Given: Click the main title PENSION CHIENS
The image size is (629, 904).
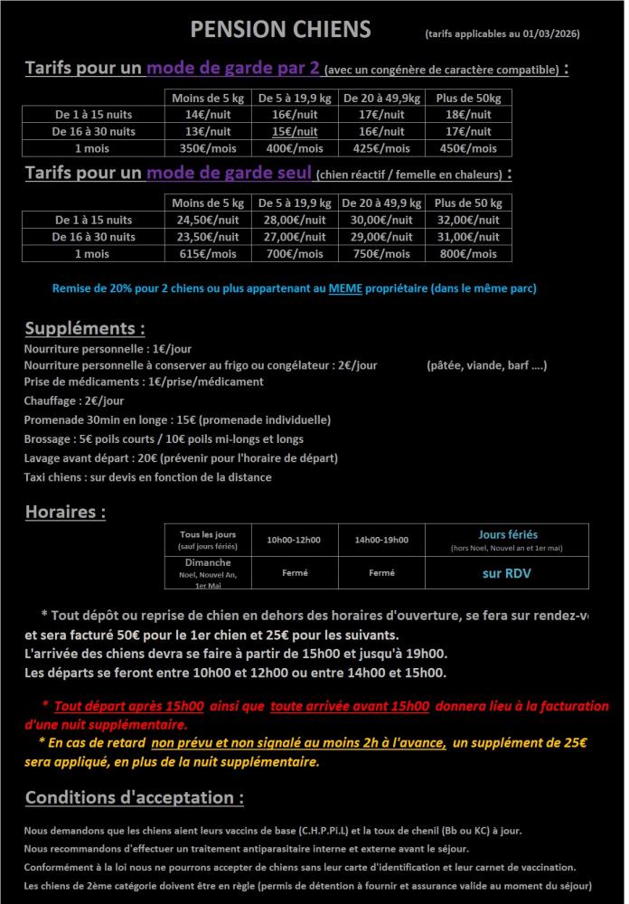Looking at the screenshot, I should point(280,30).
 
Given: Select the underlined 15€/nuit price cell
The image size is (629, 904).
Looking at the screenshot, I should point(295,131).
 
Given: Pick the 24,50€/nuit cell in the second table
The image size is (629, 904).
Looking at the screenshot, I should point(207,220).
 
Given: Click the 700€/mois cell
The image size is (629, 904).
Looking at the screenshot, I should point(295,253).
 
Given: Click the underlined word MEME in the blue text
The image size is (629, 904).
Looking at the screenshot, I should point(343,288).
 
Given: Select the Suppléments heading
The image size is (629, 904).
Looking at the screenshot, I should point(85,328).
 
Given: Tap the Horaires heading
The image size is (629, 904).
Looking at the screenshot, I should point(65,513).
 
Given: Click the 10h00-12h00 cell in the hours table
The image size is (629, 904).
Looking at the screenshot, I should point(294,540).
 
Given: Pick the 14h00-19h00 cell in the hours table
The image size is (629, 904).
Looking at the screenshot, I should point(381,540).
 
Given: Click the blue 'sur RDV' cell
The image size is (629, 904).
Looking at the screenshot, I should point(505,572).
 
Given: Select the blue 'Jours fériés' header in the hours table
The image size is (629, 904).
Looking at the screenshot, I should point(507,534).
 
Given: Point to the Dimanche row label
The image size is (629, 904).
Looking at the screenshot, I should point(208,563).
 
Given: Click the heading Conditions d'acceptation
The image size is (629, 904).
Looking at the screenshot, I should point(134,798).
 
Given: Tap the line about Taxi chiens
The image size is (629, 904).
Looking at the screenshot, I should point(147,477).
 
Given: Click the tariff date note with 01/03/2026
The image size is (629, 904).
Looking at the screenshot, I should point(502,34).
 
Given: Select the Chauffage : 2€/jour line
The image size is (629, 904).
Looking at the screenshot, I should point(74,400).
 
